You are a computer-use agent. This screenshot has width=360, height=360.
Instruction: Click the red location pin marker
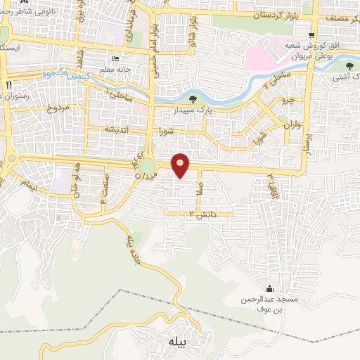click(x=181, y=165)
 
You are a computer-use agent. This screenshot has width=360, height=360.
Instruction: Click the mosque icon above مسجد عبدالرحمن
click(x=269, y=289)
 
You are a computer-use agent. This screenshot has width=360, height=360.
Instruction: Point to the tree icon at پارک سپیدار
click(x=193, y=99)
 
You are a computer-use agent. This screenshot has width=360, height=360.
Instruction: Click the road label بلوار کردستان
click(x=282, y=15)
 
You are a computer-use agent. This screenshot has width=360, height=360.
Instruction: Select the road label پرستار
click(x=305, y=144)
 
